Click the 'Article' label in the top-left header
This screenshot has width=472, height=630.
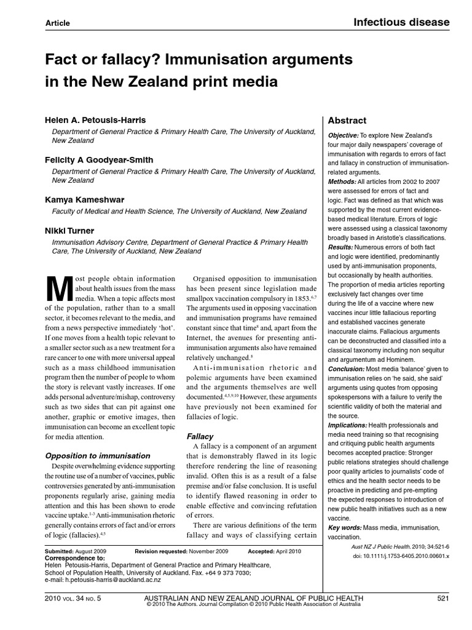click(x=58, y=23)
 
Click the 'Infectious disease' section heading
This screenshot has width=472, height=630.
click(x=401, y=23)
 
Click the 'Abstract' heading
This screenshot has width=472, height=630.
click(x=347, y=121)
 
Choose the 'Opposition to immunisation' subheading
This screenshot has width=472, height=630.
click(x=98, y=456)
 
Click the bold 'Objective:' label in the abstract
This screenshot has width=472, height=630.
click(x=344, y=135)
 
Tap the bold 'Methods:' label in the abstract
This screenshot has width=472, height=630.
click(x=342, y=181)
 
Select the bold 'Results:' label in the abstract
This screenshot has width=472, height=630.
click(x=342, y=247)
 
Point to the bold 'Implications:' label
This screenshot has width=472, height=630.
click(x=348, y=425)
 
